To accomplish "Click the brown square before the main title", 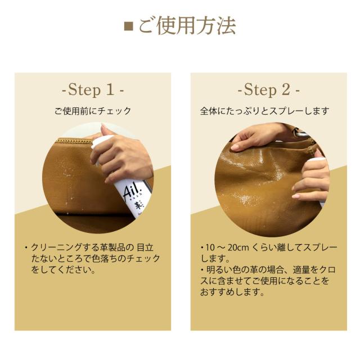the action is click(129, 26).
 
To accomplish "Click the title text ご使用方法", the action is click(187, 25).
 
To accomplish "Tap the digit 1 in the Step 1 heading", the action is click(110, 89).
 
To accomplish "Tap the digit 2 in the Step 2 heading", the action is click(286, 89).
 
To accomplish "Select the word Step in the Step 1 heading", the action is click(84, 90).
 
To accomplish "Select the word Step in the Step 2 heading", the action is click(260, 90).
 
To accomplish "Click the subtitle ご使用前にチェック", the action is click(93, 111).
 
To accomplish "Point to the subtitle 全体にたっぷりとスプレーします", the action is click(264, 111).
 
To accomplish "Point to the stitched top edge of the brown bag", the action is click(74, 141).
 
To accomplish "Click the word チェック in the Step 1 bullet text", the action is click(143, 259).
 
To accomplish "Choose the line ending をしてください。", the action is click(64, 270).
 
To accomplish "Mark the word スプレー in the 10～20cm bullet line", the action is click(320, 247).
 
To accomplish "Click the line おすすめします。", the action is click(232, 292).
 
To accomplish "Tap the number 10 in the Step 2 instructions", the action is click(210, 247).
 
